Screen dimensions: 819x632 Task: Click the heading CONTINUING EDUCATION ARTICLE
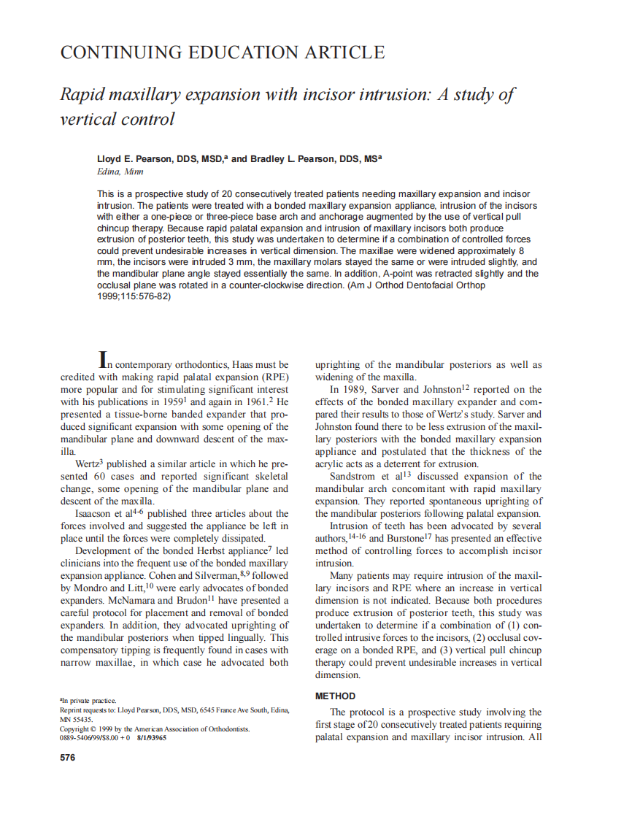click(222, 53)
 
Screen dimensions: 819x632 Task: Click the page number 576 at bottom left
click(67, 758)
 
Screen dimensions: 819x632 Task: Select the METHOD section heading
click(335, 696)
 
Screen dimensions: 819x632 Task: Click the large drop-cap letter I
click(104, 359)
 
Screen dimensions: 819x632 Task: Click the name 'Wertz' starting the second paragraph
click(88, 464)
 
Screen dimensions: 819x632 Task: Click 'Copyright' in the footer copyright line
click(74, 728)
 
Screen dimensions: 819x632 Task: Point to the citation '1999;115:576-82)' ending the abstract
click(134, 297)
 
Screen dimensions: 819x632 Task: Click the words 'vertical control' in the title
click(117, 118)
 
